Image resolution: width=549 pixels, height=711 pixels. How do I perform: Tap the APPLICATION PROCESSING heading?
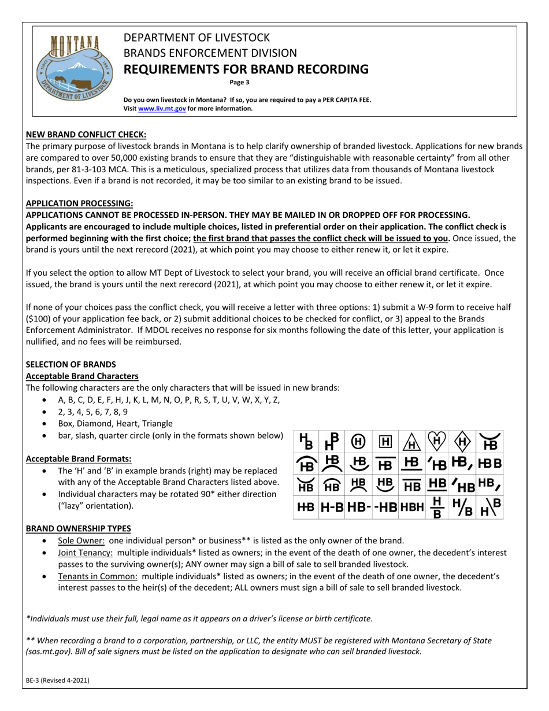pos(79,203)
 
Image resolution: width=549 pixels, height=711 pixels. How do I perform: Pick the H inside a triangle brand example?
pos(411,443)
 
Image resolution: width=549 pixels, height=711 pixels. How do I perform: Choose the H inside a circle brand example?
pos(358,443)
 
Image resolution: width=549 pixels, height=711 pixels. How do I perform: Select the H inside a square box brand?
pos(384,443)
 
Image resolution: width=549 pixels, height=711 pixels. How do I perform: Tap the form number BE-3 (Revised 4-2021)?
pos(58,681)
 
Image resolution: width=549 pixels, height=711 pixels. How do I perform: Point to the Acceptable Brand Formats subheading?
pos(79,459)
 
